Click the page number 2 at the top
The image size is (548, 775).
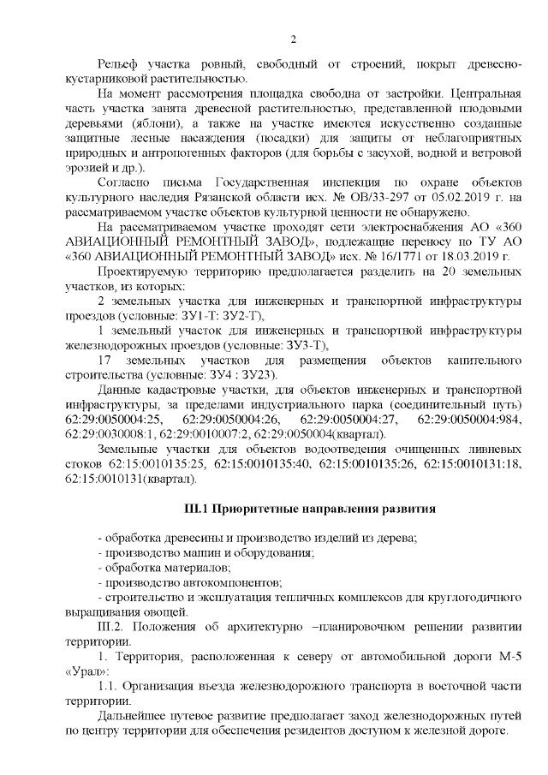coord(293,39)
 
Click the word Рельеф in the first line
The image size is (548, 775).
coord(120,66)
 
